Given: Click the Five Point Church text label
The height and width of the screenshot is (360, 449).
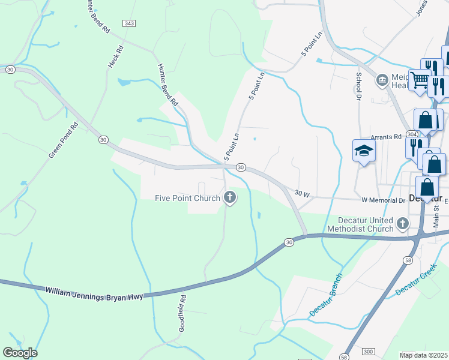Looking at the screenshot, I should [x=188, y=197].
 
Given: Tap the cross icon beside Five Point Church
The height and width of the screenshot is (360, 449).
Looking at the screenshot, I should [x=229, y=196].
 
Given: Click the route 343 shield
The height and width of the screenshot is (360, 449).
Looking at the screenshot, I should [x=129, y=23].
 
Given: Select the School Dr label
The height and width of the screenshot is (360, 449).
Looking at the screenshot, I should [x=358, y=86].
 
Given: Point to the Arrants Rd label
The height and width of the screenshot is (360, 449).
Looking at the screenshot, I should [x=385, y=137].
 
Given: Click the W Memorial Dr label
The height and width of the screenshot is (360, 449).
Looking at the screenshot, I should [x=383, y=200].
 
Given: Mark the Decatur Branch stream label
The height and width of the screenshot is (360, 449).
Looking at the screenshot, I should [x=326, y=295].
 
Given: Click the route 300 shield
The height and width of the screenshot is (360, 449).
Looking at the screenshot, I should [x=368, y=350].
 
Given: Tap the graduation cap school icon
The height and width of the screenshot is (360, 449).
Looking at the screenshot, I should [x=363, y=151].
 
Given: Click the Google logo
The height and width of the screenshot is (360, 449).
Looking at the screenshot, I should [x=20, y=353].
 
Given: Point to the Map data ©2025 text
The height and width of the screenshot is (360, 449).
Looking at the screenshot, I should [x=424, y=355].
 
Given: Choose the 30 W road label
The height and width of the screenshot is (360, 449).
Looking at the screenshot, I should [x=302, y=194].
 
